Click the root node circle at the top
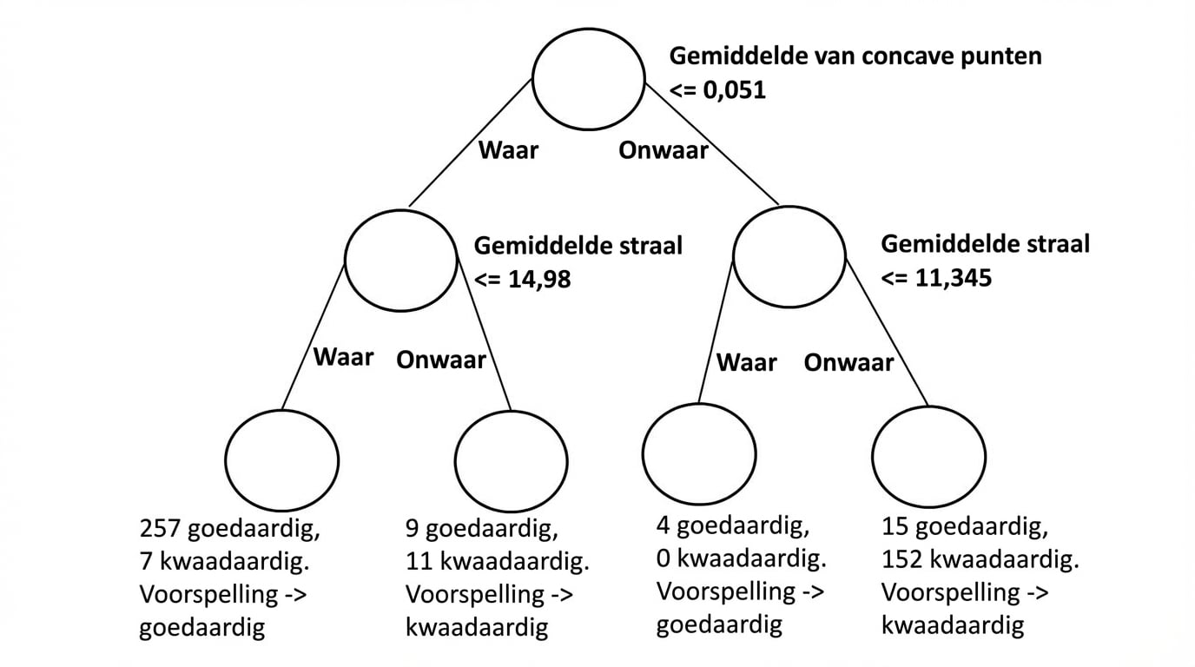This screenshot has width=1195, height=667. point(589,80)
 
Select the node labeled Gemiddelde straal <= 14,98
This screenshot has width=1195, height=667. point(401,258)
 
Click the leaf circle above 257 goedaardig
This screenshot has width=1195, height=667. point(282,459)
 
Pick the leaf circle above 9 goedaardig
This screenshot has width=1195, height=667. point(512,459)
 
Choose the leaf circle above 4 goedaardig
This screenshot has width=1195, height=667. point(699,455)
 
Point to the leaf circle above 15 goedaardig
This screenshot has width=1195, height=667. point(928,458)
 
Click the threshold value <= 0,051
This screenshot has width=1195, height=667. point(717,89)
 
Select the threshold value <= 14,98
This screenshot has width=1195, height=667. point(523,280)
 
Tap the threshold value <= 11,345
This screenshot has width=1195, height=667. point(937,279)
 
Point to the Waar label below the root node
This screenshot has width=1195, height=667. point(509,150)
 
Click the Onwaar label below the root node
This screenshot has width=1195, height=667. point(664,150)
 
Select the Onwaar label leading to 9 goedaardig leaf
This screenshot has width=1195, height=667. point(441,360)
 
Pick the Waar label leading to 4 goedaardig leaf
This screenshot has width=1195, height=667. point(747,361)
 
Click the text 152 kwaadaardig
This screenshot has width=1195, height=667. point(980,560)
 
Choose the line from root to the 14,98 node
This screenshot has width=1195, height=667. point(469,143)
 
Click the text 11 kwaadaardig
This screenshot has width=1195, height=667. point(498,562)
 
